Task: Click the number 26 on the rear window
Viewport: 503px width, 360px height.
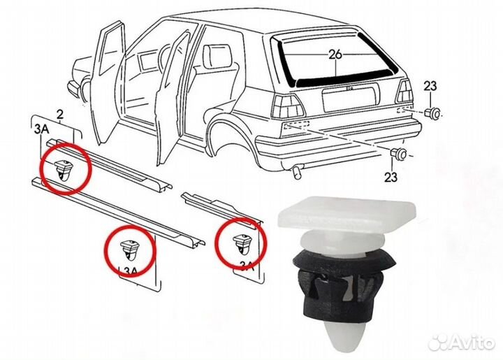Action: click(x=336, y=54)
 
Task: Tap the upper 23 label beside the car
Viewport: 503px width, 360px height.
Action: click(x=430, y=86)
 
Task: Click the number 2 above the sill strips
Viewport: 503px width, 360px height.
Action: click(x=59, y=114)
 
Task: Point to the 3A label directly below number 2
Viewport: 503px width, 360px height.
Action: click(x=43, y=130)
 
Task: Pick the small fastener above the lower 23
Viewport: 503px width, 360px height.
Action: click(x=399, y=153)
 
